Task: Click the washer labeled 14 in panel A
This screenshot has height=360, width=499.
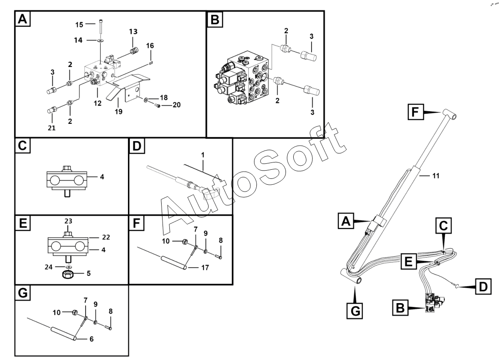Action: coord(99,41)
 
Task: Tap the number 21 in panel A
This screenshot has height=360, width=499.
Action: coord(51,128)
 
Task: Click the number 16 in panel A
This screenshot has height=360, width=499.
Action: coord(150,46)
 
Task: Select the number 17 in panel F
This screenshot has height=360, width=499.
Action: coord(205,268)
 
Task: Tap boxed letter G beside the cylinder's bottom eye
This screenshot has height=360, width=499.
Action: coord(356,311)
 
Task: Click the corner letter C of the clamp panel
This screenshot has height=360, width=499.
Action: coord(22,147)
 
